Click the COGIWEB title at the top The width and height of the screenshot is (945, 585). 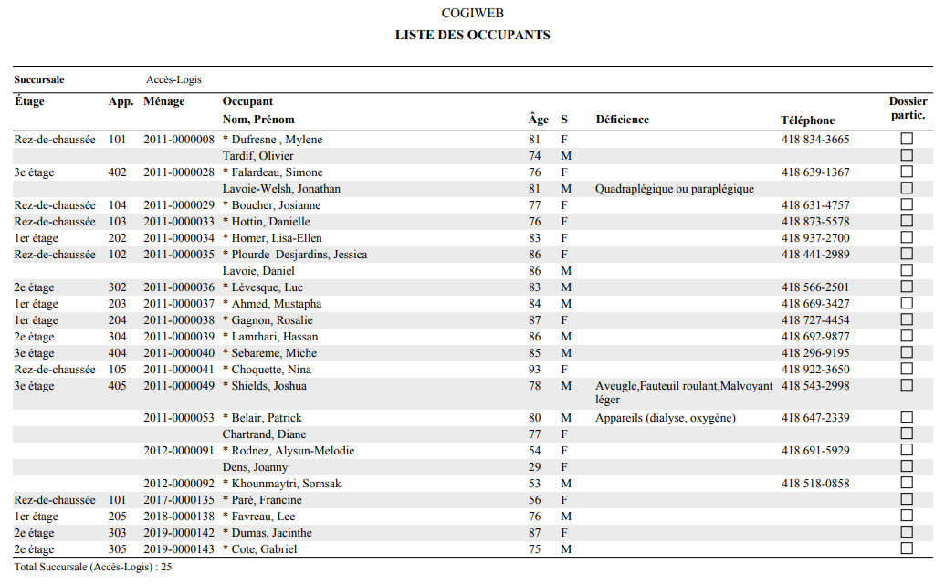pyautogui.click(x=472, y=14)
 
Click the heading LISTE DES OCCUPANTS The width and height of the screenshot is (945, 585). pyautogui.click(x=472, y=35)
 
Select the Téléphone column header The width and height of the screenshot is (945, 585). pyautogui.click(x=807, y=120)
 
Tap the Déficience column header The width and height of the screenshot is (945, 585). pyautogui.click(x=622, y=120)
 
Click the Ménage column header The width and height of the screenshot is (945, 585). pyautogui.click(x=163, y=101)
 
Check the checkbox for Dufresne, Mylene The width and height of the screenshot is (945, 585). pyautogui.click(x=907, y=139)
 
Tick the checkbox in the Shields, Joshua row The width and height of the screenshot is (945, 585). pyautogui.click(x=907, y=385)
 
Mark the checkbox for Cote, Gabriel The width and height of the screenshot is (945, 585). pyautogui.click(x=907, y=548)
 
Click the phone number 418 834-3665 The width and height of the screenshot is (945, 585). pyautogui.click(x=815, y=140)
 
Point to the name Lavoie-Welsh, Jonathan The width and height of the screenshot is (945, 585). pyautogui.click(x=281, y=189)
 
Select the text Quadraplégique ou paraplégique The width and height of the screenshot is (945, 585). pyautogui.click(x=675, y=189)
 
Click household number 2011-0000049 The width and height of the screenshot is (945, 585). pyautogui.click(x=179, y=386)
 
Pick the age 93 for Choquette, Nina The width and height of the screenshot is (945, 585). pyautogui.click(x=534, y=370)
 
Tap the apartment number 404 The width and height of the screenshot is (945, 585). pyautogui.click(x=118, y=353)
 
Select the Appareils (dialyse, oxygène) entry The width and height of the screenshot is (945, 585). pyautogui.click(x=665, y=418)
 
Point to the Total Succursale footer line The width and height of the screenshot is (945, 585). pyautogui.click(x=93, y=568)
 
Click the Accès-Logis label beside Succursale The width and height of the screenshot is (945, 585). pyautogui.click(x=173, y=79)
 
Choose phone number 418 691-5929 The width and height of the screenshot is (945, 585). pyautogui.click(x=815, y=451)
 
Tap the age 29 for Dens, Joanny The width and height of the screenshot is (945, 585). pyautogui.click(x=534, y=467)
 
